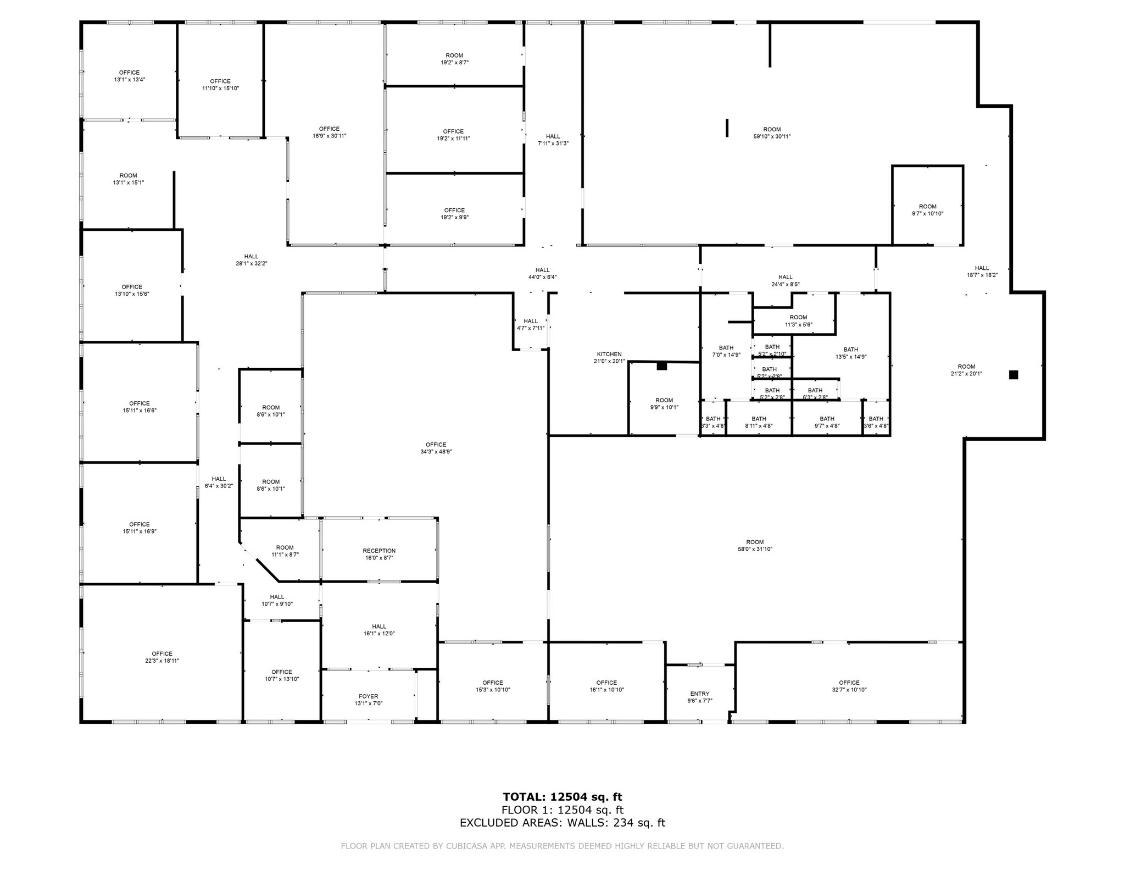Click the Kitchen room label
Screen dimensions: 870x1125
tap(609, 354)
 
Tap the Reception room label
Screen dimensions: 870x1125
tap(379, 551)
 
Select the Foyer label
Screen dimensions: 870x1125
tap(368, 696)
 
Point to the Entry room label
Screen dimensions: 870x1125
tap(699, 694)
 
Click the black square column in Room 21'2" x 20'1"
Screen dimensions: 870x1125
tap(1013, 375)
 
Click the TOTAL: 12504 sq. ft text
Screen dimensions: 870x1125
tap(562, 797)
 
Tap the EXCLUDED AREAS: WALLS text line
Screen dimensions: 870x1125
tap(562, 823)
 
